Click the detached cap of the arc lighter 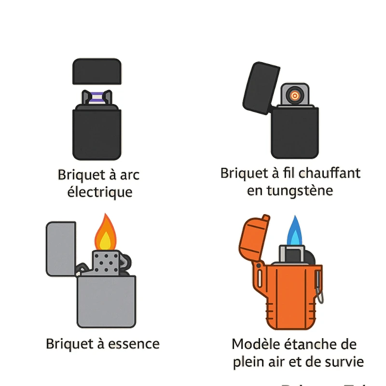tap(96, 71)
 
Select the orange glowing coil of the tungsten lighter tap(294, 95)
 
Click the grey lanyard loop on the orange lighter tap(319, 289)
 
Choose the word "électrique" tap(99, 192)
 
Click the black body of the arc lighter tap(96, 133)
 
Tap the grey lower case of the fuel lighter tap(106, 302)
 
